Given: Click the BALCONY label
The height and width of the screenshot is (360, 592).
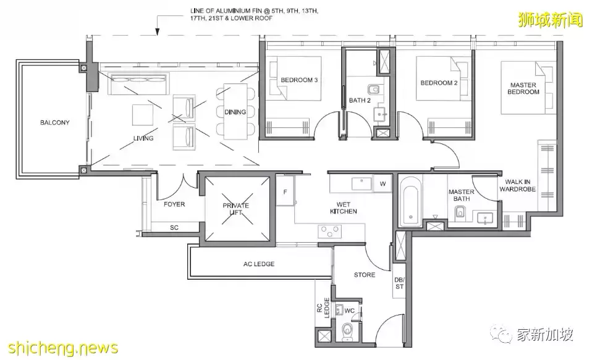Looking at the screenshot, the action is pyautogui.click(x=55, y=123).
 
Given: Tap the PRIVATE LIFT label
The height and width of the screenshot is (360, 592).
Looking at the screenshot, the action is pyautogui.click(x=235, y=209).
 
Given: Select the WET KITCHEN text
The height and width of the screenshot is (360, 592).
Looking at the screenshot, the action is pyautogui.click(x=343, y=208).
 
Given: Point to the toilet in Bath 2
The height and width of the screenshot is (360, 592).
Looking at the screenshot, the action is pyautogui.click(x=373, y=90).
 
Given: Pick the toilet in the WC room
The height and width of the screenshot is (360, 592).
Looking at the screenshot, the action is pyautogui.click(x=347, y=331).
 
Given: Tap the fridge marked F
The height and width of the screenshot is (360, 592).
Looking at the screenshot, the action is pyautogui.click(x=285, y=191).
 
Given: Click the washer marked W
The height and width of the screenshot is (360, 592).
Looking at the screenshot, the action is pyautogui.click(x=383, y=184).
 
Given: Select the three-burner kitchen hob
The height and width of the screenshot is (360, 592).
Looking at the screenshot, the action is pyautogui.click(x=330, y=231).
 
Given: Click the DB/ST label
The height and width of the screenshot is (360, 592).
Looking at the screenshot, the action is pyautogui.click(x=399, y=283).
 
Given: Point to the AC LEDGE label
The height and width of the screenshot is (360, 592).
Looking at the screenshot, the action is pyautogui.click(x=259, y=264).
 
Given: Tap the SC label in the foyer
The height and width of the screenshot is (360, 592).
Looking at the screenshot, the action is pyautogui.click(x=174, y=227).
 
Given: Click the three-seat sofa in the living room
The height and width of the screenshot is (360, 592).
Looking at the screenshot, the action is pyautogui.click(x=138, y=84).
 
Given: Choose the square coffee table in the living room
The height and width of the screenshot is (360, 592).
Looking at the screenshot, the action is pyautogui.click(x=143, y=114).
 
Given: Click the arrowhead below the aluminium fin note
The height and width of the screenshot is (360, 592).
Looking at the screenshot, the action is pyautogui.click(x=158, y=33).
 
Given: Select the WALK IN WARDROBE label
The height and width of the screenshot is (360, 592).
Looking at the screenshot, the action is pyautogui.click(x=518, y=185).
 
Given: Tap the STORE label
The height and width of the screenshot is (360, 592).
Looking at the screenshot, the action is pyautogui.click(x=365, y=275).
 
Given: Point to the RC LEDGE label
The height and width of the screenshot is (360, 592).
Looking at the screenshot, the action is pyautogui.click(x=323, y=308).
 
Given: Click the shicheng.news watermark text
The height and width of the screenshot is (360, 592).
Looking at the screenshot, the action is pyautogui.click(x=62, y=348).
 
